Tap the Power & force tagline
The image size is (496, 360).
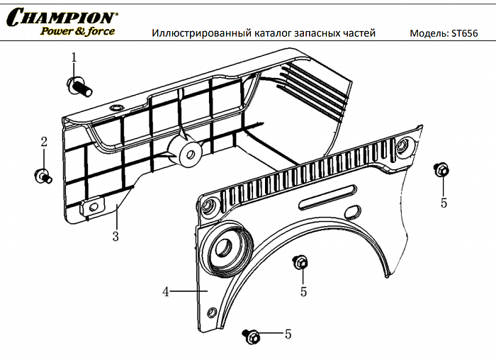[77, 31]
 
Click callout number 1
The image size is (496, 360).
[73, 57]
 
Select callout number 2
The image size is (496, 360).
[43, 142]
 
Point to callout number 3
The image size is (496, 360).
[115, 237]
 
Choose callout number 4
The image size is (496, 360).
[165, 291]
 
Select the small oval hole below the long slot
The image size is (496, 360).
[351, 213]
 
